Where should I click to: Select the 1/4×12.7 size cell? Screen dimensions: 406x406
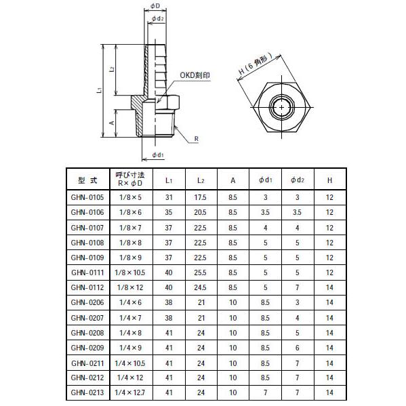(131, 392)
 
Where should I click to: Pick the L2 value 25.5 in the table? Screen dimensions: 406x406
(201, 272)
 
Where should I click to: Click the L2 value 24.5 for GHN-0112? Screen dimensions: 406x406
(201, 287)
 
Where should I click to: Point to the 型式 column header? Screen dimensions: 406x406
(87, 180)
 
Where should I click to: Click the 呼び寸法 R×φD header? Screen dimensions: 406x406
(131, 180)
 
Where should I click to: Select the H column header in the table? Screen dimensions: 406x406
(329, 180)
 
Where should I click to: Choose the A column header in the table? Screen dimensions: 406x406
(232, 180)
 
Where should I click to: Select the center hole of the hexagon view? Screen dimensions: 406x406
(281, 107)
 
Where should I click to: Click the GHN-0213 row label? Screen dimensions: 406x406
(87, 392)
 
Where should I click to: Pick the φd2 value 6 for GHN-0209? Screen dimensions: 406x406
(296, 347)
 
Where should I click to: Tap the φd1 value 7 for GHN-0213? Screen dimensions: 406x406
(265, 392)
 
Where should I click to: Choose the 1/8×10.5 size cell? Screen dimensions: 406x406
(131, 272)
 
